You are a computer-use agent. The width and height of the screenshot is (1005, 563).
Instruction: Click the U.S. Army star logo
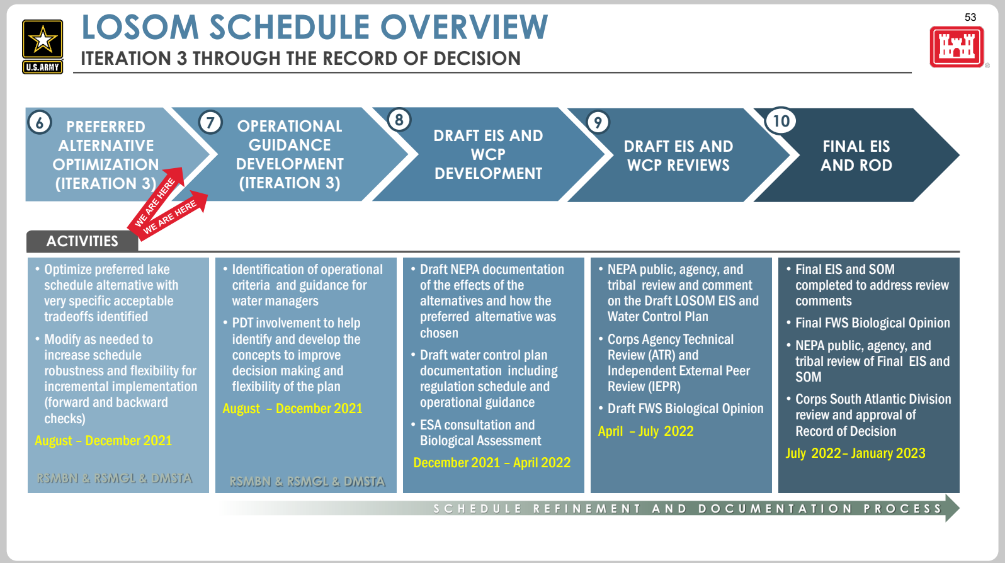pyautogui.click(x=43, y=46)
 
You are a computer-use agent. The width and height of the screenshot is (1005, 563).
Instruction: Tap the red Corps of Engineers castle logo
pyautogui.click(x=957, y=47)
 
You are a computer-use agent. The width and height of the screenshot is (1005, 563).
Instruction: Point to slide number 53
pyautogui.click(x=970, y=17)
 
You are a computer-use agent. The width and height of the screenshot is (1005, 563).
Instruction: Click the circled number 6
pyautogui.click(x=40, y=122)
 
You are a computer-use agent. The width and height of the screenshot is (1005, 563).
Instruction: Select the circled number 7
pyautogui.click(x=210, y=122)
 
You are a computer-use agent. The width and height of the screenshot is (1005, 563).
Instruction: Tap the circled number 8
pyautogui.click(x=399, y=120)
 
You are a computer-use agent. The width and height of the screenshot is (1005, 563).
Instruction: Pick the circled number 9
pyautogui.click(x=598, y=122)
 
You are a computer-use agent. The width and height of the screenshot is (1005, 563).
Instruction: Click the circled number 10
pyautogui.click(x=781, y=121)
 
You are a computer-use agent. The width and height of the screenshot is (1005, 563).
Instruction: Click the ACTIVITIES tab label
pyautogui.click(x=82, y=241)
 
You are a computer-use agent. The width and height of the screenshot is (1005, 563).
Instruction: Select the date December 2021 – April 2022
pyautogui.click(x=492, y=462)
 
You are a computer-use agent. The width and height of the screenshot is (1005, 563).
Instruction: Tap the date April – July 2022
pyautogui.click(x=645, y=431)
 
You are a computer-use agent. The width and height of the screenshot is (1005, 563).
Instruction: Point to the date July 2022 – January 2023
pyautogui.click(x=855, y=453)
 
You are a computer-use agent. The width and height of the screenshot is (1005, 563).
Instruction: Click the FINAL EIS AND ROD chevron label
pyautogui.click(x=856, y=156)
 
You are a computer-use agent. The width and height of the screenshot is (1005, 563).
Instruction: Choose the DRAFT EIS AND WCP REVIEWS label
pyautogui.click(x=678, y=156)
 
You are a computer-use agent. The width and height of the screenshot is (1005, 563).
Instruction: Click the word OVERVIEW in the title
pyautogui.click(x=464, y=27)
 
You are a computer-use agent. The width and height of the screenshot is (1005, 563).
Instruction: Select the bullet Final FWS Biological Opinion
pyautogui.click(x=872, y=323)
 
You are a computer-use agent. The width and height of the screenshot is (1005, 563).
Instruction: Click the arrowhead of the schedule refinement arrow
pyautogui.click(x=952, y=508)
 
